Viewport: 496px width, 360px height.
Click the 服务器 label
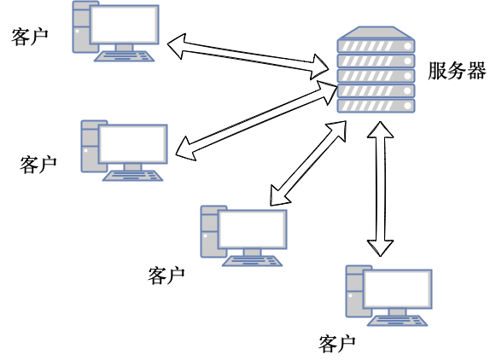tap(457, 70)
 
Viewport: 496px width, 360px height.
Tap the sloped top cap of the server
tap(376, 32)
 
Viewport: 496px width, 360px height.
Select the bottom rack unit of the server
tap(376, 106)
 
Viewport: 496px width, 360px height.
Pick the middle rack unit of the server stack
tap(376, 76)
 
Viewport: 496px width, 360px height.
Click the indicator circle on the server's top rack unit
tap(408, 46)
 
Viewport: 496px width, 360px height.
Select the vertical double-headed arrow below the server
tap(380, 189)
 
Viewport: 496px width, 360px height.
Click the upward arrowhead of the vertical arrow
tap(380, 130)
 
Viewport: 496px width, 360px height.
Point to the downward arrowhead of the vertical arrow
tap(380, 248)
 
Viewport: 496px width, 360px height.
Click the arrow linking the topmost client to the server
tap(248, 56)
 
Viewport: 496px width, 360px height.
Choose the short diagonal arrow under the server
tap(308, 163)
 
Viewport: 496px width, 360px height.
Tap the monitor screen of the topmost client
tap(125, 25)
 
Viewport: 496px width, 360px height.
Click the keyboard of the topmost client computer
tap(125, 56)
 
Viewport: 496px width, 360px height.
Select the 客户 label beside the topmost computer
tap(29, 37)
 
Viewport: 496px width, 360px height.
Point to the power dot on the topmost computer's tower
tap(78, 31)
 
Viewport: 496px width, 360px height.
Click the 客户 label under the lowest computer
tap(336, 344)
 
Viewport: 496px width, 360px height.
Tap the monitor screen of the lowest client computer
tap(398, 289)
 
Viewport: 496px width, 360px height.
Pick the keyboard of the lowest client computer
tap(397, 321)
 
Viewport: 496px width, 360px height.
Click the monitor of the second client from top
tap(133, 144)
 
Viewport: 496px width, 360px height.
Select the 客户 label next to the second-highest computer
tap(38, 165)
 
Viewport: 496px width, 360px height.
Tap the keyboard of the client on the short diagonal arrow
tap(252, 261)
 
